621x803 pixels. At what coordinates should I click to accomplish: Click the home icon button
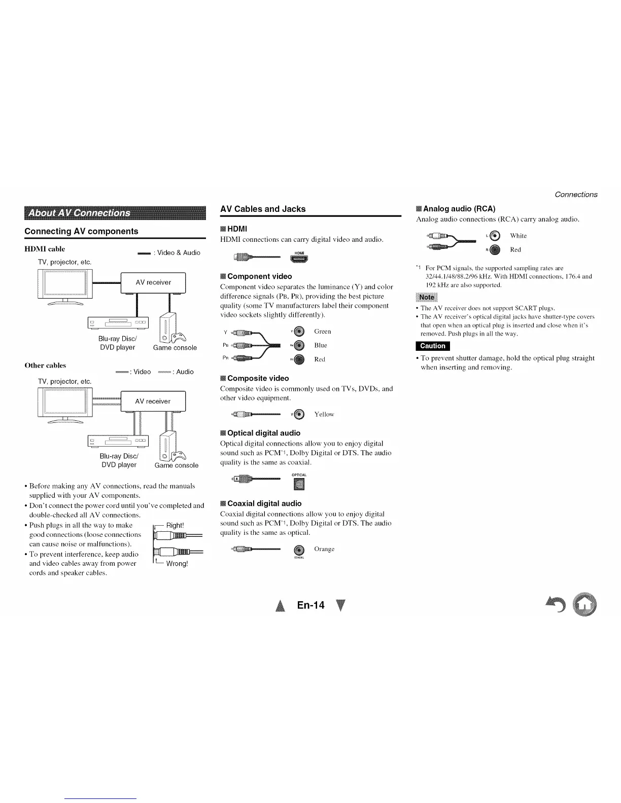585,604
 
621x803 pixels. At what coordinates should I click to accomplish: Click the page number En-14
310,605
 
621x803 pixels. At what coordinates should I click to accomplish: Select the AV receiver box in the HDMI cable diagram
153,282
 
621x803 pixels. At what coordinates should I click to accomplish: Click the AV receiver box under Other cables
153,401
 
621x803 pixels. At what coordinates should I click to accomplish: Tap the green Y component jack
299,332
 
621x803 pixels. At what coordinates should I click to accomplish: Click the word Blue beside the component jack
321,345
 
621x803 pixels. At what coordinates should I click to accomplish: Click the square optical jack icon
299,485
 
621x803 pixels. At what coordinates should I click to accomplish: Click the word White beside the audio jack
519,236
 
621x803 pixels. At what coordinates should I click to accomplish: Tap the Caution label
433,346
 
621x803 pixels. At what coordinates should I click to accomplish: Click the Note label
426,297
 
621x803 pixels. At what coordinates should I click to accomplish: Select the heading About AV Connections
79,213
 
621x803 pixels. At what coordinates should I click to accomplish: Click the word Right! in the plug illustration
175,525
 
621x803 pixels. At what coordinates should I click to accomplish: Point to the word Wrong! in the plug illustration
177,564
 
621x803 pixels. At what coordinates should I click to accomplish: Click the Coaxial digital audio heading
264,503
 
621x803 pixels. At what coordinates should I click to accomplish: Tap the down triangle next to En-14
340,605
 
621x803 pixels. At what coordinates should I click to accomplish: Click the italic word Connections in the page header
576,195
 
